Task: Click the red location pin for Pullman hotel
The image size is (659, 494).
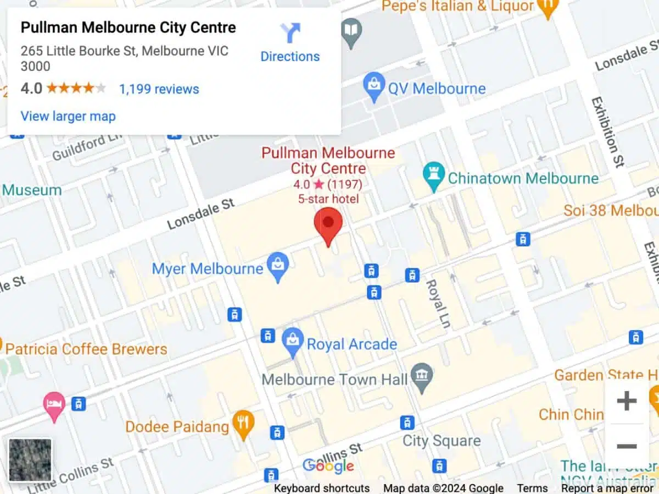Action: tap(328, 225)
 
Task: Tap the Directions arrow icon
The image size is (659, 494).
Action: tap(290, 33)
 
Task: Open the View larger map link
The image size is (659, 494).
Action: tap(68, 116)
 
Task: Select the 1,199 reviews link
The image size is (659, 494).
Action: tap(159, 89)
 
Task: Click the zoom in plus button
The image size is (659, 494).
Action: tap(626, 401)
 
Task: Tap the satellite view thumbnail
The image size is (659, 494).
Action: tap(30, 460)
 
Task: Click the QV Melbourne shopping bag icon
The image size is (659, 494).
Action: tap(374, 87)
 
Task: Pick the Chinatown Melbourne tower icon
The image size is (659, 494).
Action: tap(434, 177)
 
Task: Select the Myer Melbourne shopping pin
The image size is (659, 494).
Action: tap(278, 266)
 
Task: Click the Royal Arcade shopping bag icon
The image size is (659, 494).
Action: tap(293, 341)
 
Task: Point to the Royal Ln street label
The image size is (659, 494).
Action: tap(438, 304)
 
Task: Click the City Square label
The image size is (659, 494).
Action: tap(442, 441)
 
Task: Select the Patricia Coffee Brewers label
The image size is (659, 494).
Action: tap(86, 349)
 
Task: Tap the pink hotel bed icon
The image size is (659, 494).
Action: tap(54, 405)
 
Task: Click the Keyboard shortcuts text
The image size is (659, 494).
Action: tap(322, 488)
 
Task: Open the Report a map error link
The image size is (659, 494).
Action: tap(607, 488)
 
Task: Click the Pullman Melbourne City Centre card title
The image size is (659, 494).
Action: tap(128, 28)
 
